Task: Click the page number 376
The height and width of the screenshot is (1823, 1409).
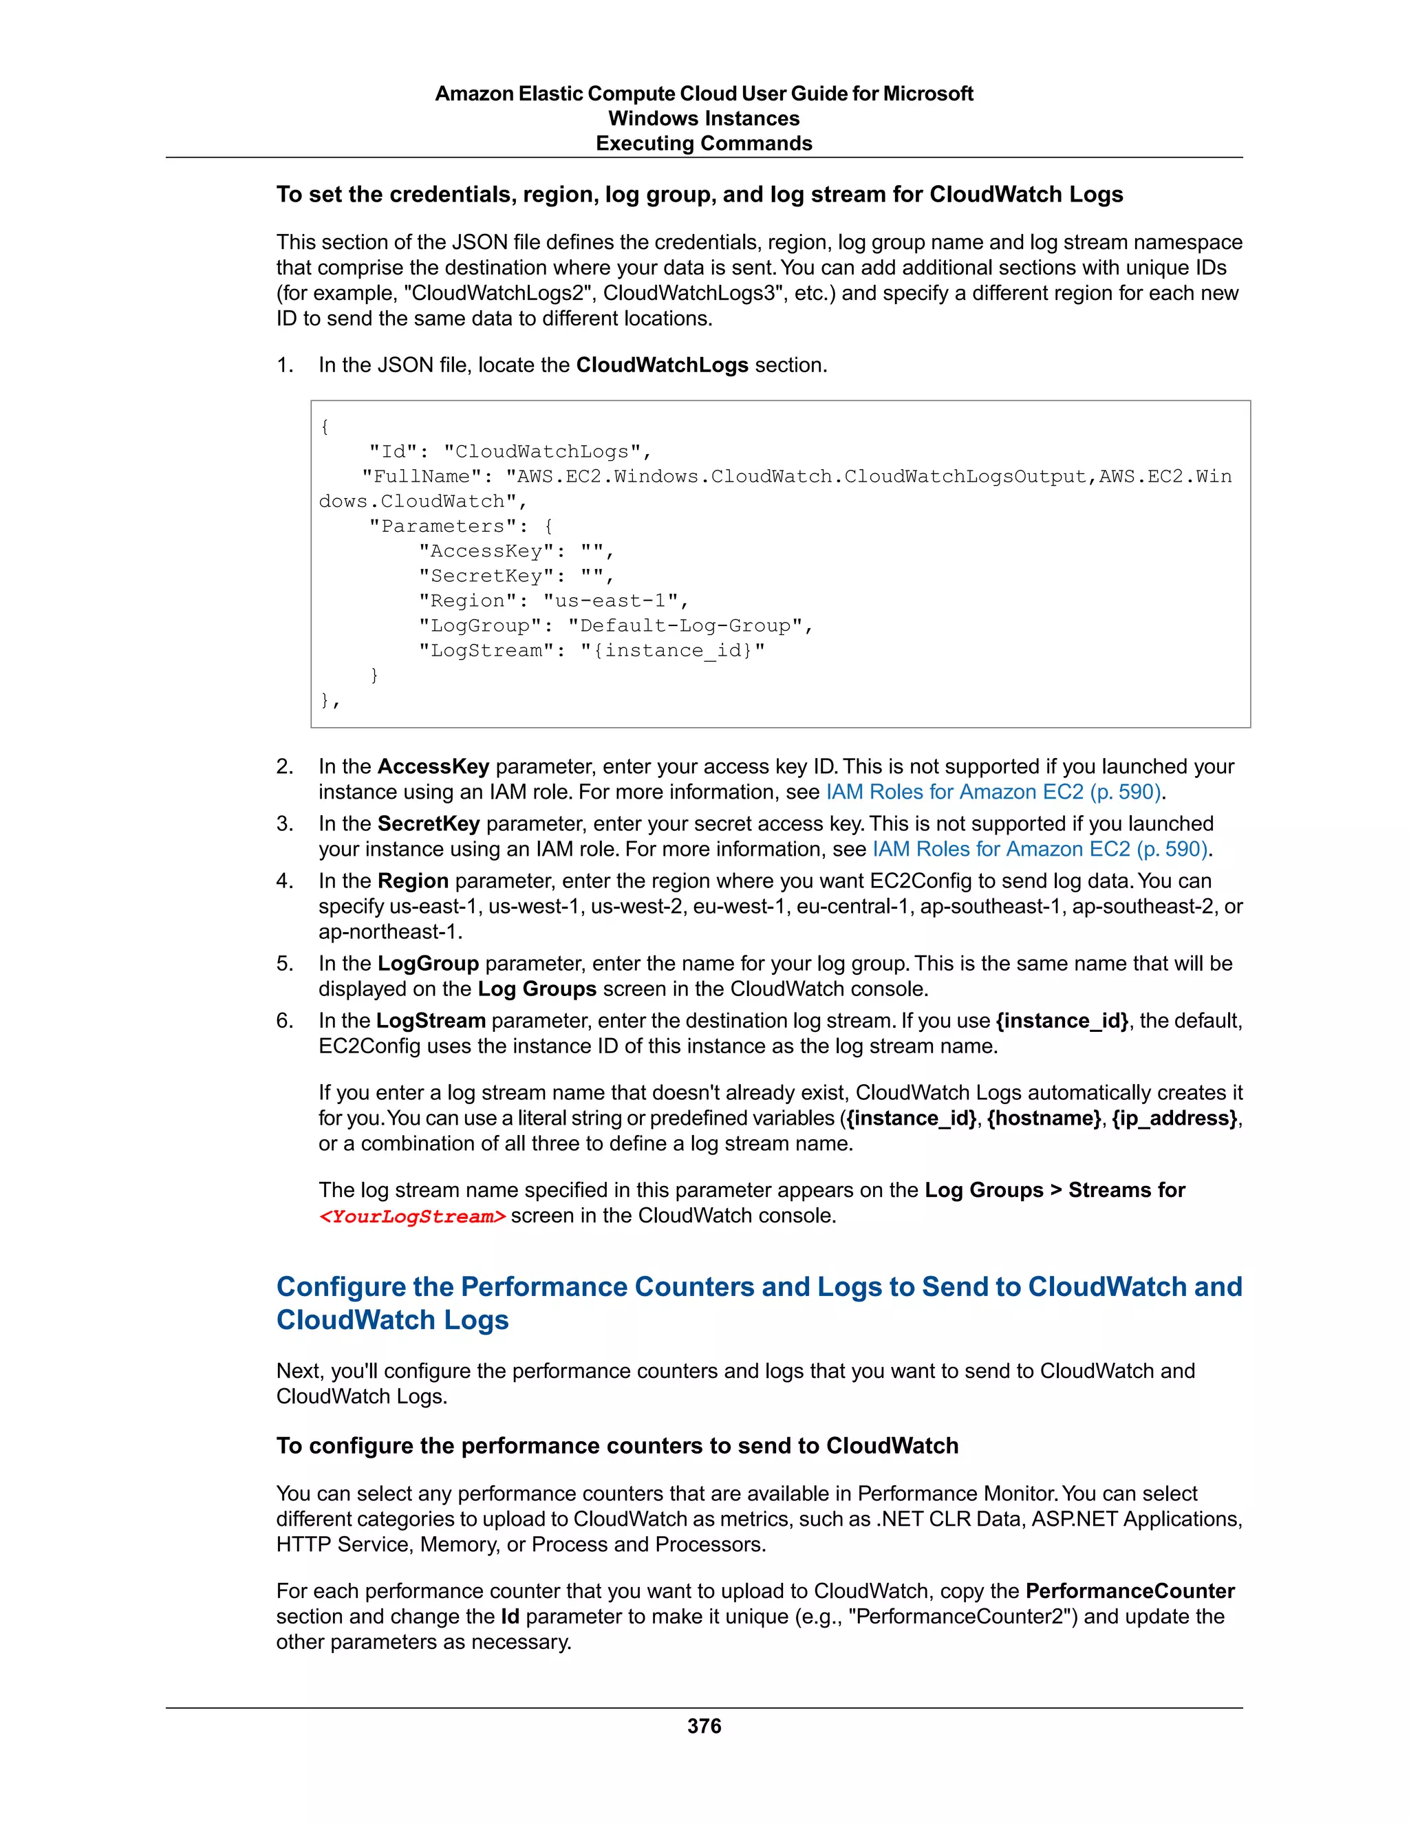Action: point(704,1725)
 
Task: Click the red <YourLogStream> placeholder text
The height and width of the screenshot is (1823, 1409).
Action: point(412,1216)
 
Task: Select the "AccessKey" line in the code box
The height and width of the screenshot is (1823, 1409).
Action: point(516,551)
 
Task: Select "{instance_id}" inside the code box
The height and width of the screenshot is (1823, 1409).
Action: point(672,650)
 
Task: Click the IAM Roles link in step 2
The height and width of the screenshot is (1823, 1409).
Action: point(993,791)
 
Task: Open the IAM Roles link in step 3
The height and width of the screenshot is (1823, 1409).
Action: point(1040,849)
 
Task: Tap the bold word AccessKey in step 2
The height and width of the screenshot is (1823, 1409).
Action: point(433,766)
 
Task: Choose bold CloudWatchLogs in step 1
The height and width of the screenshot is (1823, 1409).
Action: point(662,365)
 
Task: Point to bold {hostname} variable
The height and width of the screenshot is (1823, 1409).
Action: point(1044,1118)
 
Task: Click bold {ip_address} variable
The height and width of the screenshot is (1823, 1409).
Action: point(1174,1118)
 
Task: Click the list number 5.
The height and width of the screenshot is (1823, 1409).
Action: point(285,963)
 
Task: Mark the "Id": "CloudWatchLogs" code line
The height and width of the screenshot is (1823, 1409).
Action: point(509,451)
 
